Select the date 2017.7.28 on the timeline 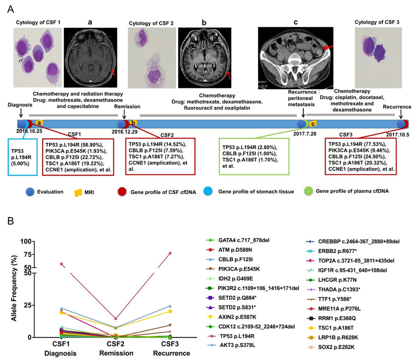(x=303, y=133)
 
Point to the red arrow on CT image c (x=326, y=49)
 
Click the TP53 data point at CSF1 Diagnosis (x=62, y=264)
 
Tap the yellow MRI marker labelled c (x=313, y=123)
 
